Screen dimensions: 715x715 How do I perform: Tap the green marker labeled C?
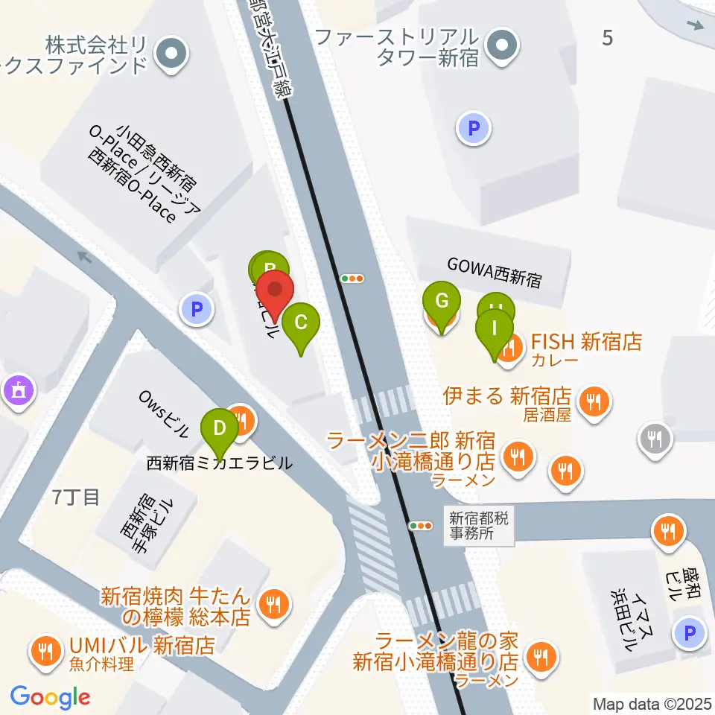301,324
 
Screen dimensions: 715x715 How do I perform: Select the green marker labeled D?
220,430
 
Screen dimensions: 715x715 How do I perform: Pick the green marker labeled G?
441,303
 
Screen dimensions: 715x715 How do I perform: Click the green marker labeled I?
495,329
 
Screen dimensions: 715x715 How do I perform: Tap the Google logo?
51,697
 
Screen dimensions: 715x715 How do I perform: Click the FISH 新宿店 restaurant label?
585,343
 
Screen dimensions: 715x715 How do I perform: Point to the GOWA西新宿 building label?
495,273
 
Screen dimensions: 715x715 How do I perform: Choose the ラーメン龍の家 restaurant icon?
536,656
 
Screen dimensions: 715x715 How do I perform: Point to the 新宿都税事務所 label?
479,525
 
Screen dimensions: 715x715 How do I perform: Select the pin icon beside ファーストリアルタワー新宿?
502,46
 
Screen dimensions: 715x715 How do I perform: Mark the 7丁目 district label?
76,498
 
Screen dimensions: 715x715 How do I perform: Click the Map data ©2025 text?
652,703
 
